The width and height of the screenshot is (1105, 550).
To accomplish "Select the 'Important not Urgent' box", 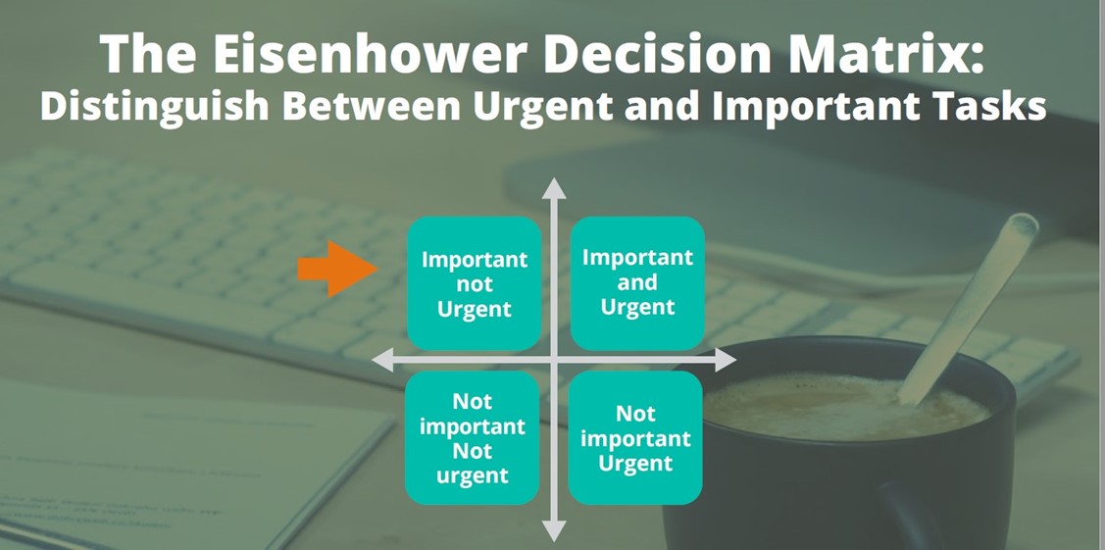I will click(475, 283).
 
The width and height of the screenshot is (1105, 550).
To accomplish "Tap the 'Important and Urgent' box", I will click(637, 282).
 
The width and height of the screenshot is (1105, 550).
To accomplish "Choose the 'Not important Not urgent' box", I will click(473, 438).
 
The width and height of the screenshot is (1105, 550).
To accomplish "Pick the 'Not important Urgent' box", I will click(635, 438).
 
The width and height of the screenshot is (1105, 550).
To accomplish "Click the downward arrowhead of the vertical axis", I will click(555, 531).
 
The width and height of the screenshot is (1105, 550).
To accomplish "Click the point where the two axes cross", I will click(555, 361).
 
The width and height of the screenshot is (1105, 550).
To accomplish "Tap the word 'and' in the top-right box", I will click(637, 282).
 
